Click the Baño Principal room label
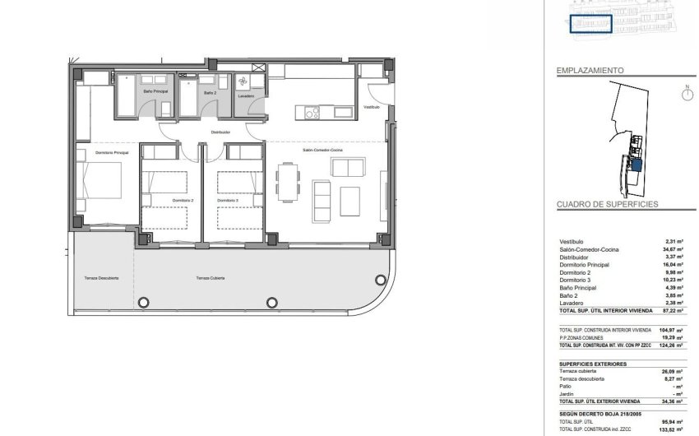(156, 90)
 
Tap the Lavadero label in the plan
(245, 96)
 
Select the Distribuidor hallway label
(220, 132)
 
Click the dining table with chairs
(286, 179)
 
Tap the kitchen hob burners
(312, 114)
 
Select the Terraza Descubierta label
(101, 279)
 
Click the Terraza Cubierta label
(212, 279)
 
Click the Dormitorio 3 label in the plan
(229, 201)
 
